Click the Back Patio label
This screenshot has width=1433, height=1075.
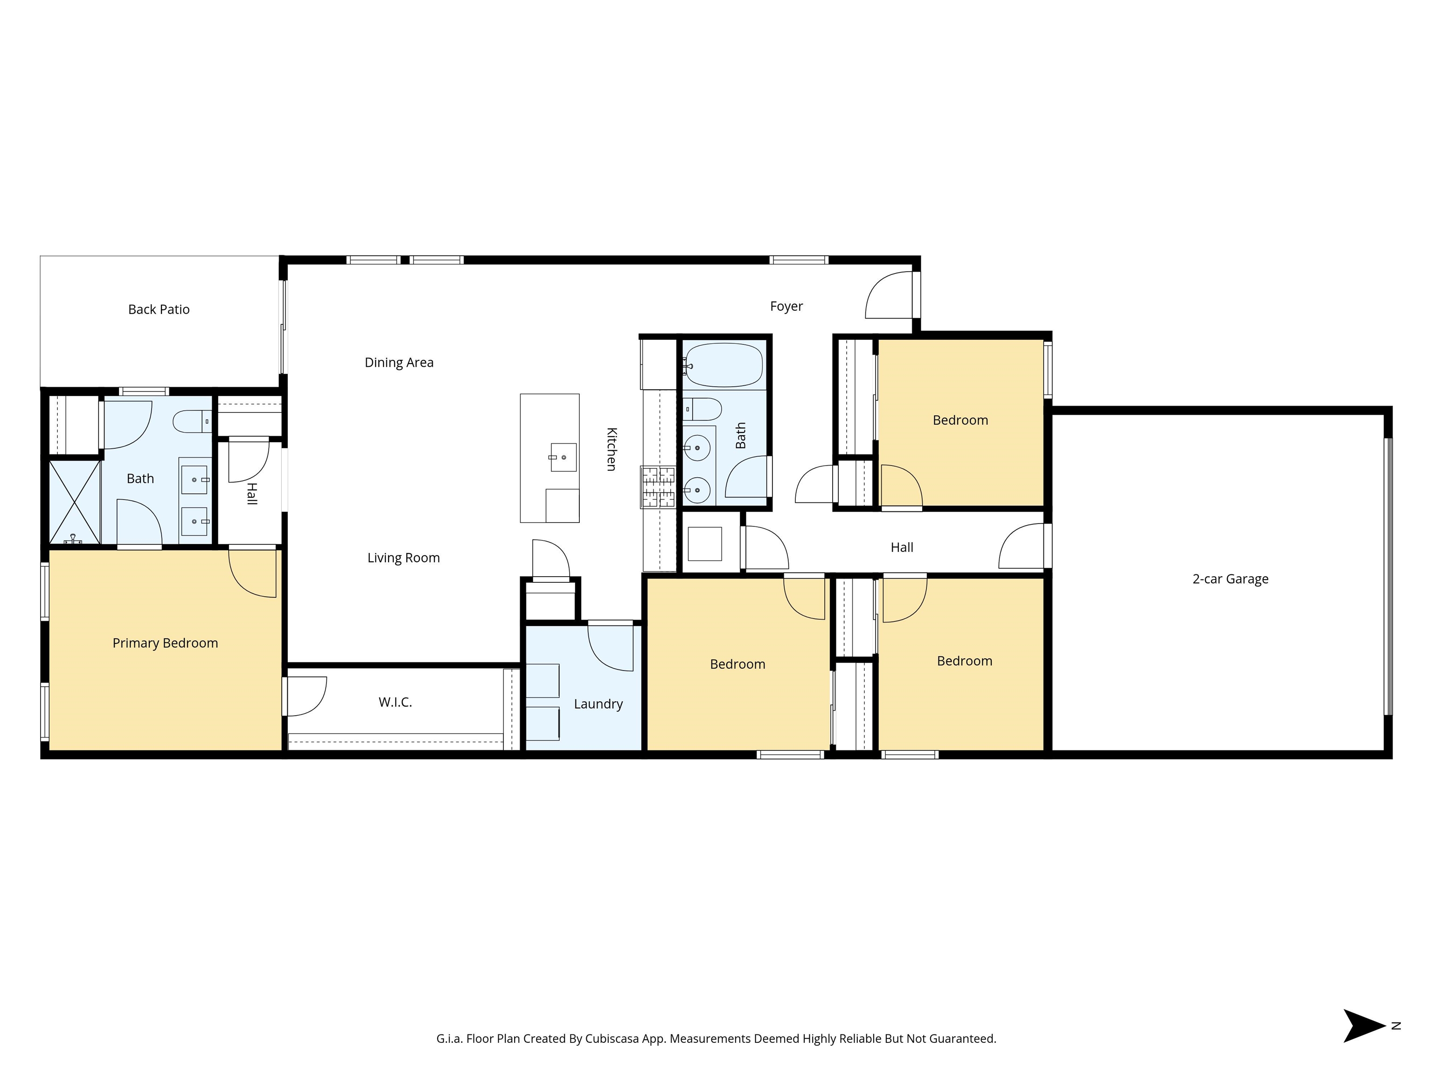point(159,310)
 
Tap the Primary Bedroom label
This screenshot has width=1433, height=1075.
point(165,643)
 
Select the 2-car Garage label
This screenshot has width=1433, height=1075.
point(1230,579)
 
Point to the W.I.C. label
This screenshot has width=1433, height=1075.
point(395,702)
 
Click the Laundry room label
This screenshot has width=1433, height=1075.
point(598,705)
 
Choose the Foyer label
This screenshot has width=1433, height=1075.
point(786,307)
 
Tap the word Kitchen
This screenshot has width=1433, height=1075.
point(611,449)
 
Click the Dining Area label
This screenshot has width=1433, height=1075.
point(399,363)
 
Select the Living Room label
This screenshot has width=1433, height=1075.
point(403,558)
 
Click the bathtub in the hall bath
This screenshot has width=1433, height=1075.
point(724,365)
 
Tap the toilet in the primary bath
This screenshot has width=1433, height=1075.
point(192,422)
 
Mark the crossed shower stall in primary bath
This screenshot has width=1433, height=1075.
point(75,502)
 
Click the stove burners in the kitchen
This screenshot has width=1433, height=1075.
point(658,487)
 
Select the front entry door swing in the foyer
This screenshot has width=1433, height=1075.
point(889,295)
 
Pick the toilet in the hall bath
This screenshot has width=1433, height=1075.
point(703,410)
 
